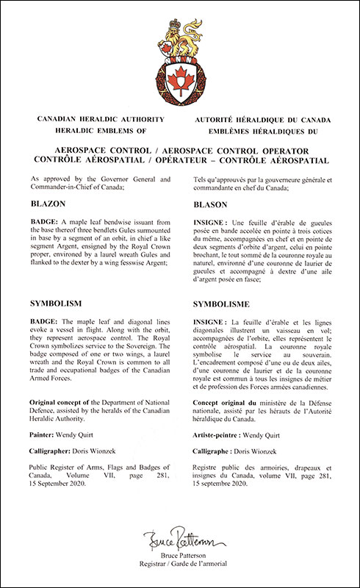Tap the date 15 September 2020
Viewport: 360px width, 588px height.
click(62, 486)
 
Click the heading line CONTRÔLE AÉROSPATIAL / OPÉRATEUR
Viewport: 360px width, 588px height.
click(180, 159)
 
